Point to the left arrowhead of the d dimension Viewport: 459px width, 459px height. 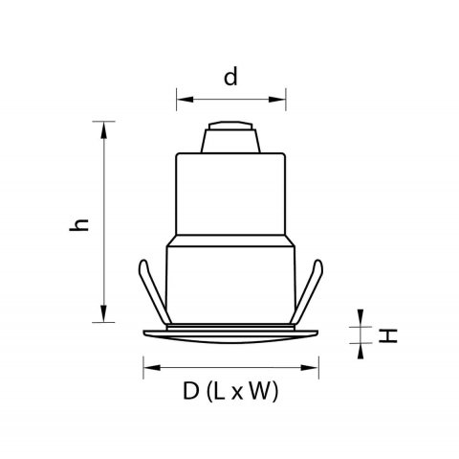coord(180,98)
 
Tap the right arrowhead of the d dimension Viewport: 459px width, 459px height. coord(282,98)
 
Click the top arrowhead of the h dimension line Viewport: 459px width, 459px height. coord(102,125)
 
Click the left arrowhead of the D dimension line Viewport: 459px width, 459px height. coord(147,366)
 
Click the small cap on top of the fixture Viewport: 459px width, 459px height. coord(230,136)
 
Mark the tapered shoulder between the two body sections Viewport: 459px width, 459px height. coord(230,240)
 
